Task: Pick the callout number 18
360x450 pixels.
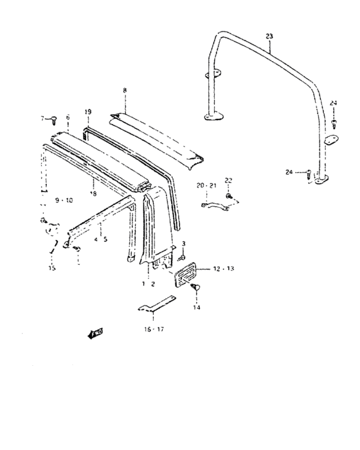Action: [93, 193]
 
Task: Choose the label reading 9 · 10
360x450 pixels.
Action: [64, 200]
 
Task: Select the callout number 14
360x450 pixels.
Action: [197, 308]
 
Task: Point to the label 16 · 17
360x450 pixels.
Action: [154, 329]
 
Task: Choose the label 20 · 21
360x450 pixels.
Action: [207, 186]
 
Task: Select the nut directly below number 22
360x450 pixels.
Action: [229, 194]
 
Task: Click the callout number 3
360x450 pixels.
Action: [184, 242]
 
